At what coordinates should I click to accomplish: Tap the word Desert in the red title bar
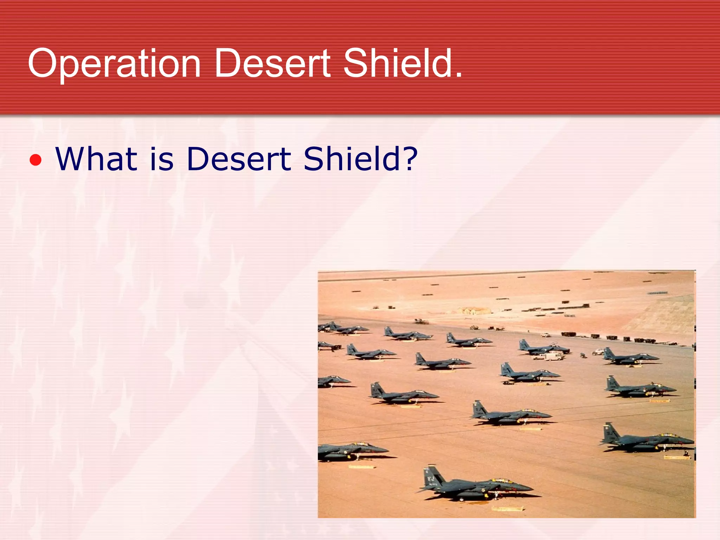(272, 63)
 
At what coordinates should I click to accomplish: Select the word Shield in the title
(397, 63)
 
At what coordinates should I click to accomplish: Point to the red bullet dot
(36, 160)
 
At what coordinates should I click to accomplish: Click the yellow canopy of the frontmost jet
(501, 480)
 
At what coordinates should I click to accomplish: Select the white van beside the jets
(554, 356)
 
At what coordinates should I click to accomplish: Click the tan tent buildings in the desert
(473, 310)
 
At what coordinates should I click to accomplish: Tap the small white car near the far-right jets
(598, 351)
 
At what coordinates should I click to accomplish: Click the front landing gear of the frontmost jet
(496, 496)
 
